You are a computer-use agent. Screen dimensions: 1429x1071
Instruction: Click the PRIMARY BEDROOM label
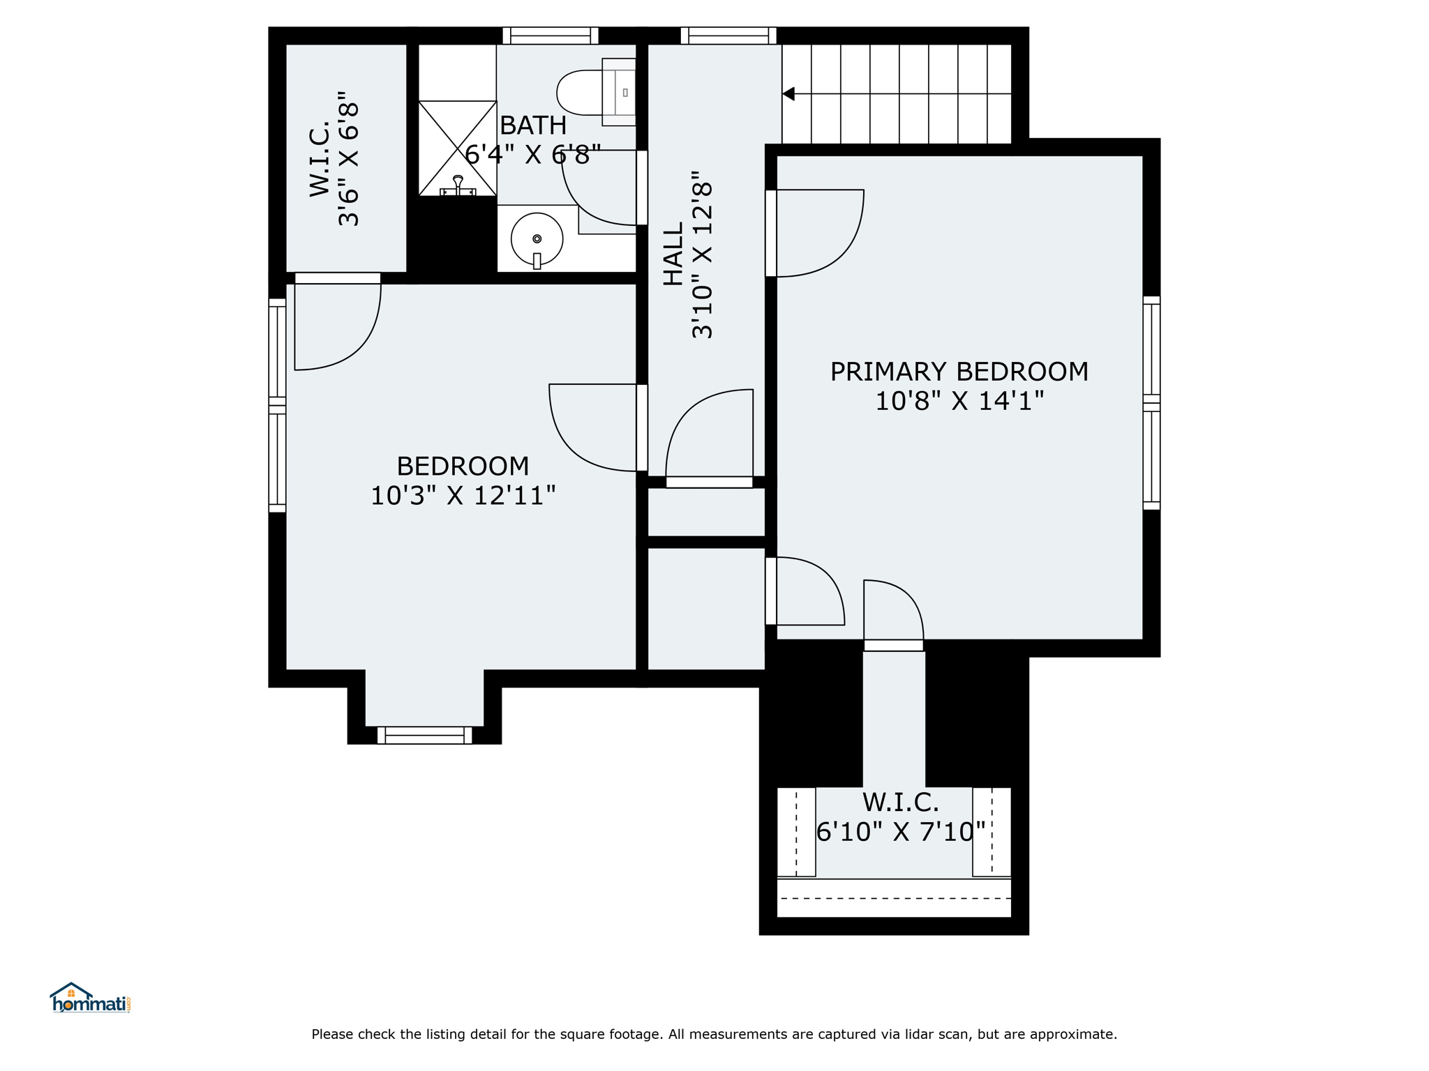pyautogui.click(x=959, y=372)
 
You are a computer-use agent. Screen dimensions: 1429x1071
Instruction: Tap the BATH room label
pyautogui.click(x=533, y=126)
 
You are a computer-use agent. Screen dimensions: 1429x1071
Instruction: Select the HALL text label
pyautogui.click(x=673, y=254)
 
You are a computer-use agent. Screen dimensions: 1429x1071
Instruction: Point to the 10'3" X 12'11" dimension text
pyautogui.click(x=463, y=496)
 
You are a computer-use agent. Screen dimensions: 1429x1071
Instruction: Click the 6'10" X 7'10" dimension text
pyautogui.click(x=901, y=832)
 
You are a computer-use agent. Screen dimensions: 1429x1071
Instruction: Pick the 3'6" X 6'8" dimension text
pyautogui.click(x=348, y=158)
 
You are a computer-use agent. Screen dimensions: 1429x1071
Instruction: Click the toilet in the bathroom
pyautogui.click(x=596, y=92)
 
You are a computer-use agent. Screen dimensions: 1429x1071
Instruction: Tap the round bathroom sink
pyautogui.click(x=537, y=239)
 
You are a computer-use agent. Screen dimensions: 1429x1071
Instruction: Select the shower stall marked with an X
pyautogui.click(x=457, y=149)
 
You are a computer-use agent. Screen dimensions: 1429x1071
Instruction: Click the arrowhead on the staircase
pyautogui.click(x=788, y=93)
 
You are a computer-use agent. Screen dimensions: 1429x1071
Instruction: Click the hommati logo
pyautogui.click(x=90, y=998)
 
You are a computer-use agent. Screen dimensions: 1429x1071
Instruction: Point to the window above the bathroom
pyautogui.click(x=551, y=36)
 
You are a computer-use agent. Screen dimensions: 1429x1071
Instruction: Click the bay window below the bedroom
pyautogui.click(x=424, y=735)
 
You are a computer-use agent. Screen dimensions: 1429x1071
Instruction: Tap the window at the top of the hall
pyautogui.click(x=728, y=36)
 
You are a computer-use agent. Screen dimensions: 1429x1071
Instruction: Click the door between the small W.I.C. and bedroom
pyautogui.click(x=338, y=321)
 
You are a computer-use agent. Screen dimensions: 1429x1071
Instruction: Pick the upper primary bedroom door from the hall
pyautogui.click(x=814, y=233)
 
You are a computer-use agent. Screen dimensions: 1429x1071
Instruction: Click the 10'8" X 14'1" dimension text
pyautogui.click(x=959, y=401)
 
